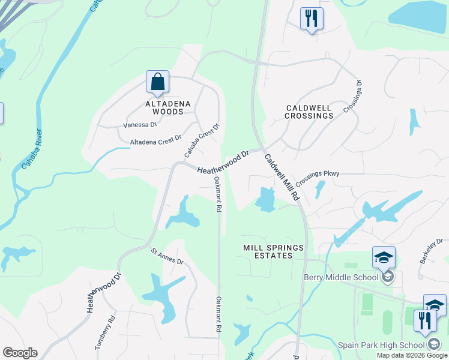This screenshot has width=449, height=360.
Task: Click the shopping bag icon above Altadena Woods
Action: click(x=157, y=82)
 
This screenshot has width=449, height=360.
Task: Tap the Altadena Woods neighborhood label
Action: click(x=168, y=107)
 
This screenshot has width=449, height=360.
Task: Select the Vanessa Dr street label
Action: click(x=139, y=125)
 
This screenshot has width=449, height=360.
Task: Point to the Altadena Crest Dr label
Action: click(x=155, y=140)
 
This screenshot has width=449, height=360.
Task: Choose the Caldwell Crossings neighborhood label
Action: click(x=309, y=112)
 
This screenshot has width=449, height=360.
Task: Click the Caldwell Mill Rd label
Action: click(x=282, y=177)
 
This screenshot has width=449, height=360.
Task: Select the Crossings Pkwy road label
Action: click(x=318, y=174)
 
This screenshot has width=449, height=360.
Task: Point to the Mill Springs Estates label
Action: click(x=274, y=251)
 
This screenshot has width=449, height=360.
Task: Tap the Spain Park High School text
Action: click(x=381, y=345)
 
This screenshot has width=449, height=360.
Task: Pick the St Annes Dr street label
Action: click(x=167, y=256)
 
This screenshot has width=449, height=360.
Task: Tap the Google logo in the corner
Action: click(x=20, y=353)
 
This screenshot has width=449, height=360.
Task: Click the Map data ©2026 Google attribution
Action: click(x=412, y=355)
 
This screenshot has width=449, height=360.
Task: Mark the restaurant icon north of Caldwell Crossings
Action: click(x=312, y=19)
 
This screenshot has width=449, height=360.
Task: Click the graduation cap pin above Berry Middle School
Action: click(x=384, y=258)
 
